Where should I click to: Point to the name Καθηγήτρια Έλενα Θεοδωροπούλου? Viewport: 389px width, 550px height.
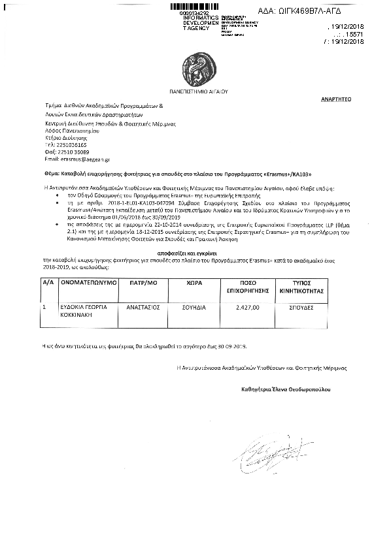click(x=286, y=389)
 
